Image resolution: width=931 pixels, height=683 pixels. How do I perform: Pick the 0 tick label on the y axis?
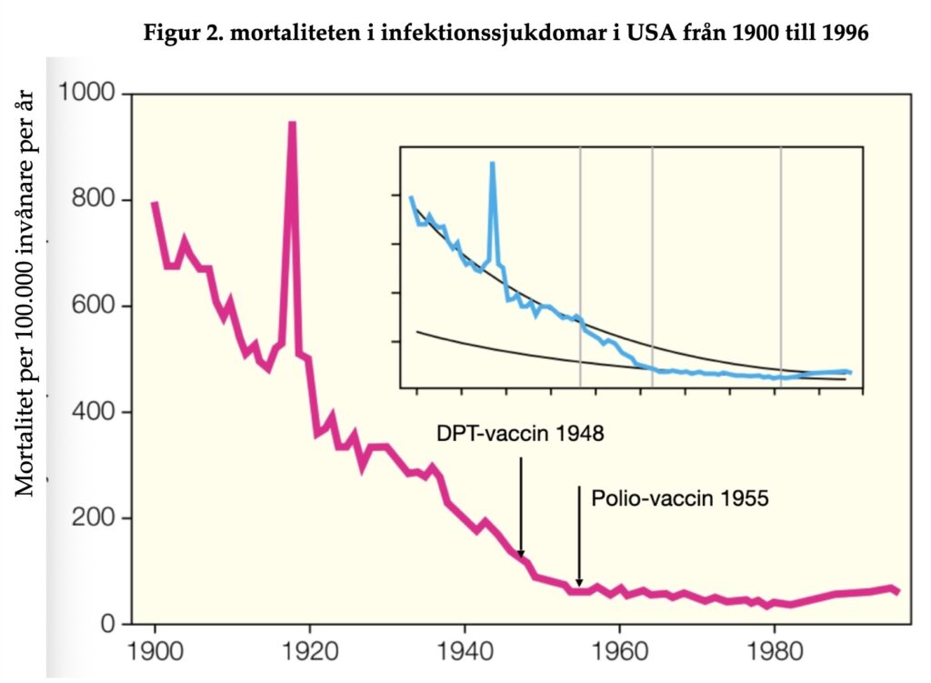[x=108, y=625]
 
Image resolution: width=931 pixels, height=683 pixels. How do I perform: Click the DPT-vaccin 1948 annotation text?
[x=520, y=433]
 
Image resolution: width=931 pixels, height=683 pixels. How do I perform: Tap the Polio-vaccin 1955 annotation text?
[x=680, y=498]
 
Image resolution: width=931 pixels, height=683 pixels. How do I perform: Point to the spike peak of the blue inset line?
[x=492, y=163]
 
